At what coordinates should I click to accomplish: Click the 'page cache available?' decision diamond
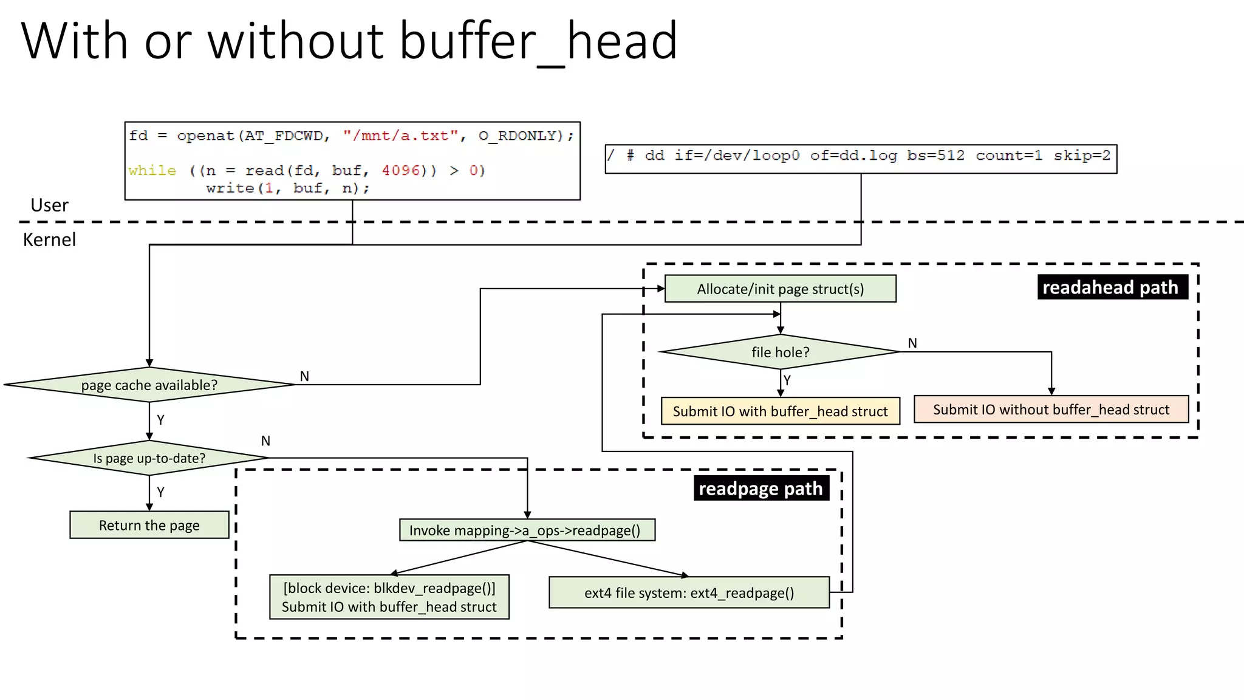pyautogui.click(x=149, y=385)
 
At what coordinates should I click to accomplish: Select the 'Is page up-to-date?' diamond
pyautogui.click(x=149, y=458)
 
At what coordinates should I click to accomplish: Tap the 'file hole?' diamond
pyautogui.click(x=780, y=352)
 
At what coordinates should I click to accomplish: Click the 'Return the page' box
pyautogui.click(x=149, y=525)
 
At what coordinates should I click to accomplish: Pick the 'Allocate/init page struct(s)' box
pyautogui.click(x=780, y=289)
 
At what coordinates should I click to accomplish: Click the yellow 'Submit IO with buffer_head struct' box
pyautogui.click(x=780, y=411)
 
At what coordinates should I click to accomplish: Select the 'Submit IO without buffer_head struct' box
pyautogui.click(x=1051, y=410)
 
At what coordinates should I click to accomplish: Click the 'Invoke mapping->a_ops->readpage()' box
pyautogui.click(x=527, y=530)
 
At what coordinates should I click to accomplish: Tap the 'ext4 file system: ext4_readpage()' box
pyautogui.click(x=689, y=592)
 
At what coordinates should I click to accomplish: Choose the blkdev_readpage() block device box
pyautogui.click(x=389, y=597)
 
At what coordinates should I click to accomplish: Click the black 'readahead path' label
pyautogui.click(x=1112, y=287)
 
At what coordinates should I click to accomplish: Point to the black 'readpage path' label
pyautogui.click(x=760, y=489)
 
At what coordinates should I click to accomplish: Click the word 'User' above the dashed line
pyautogui.click(x=50, y=205)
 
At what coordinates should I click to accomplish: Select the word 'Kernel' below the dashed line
pyautogui.click(x=50, y=239)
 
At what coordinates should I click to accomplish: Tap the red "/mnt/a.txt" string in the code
pyautogui.click(x=400, y=136)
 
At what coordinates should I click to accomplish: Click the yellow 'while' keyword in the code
pyautogui.click(x=152, y=171)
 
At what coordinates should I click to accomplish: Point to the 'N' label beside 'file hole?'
pyautogui.click(x=912, y=343)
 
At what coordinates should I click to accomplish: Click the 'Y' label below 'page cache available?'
pyautogui.click(x=160, y=420)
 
